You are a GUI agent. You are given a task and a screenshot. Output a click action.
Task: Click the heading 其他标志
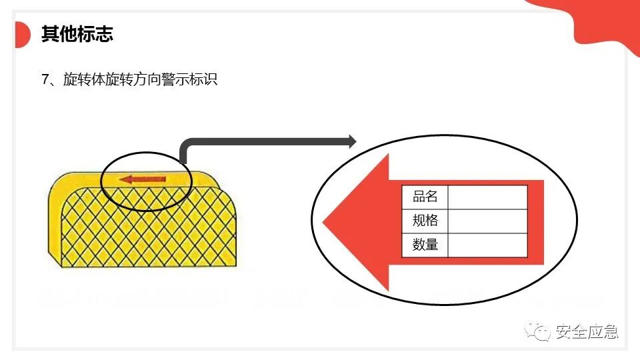click(x=77, y=35)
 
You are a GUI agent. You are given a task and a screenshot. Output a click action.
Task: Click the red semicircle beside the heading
click(x=22, y=35)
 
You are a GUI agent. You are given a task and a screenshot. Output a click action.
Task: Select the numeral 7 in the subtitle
click(x=45, y=80)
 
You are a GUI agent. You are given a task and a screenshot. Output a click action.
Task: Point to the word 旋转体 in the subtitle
click(x=84, y=80)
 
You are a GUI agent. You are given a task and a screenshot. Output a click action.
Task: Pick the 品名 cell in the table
click(x=425, y=197)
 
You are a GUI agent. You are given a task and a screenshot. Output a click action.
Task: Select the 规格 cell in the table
click(x=425, y=221)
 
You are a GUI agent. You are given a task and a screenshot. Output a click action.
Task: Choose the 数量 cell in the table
click(x=425, y=245)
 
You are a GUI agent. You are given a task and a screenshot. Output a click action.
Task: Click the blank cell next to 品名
click(x=487, y=197)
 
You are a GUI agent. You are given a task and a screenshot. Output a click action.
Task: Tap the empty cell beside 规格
click(x=487, y=221)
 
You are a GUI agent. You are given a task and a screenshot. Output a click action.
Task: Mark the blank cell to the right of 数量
click(x=487, y=245)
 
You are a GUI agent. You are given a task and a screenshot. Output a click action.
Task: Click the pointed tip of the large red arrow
click(x=325, y=222)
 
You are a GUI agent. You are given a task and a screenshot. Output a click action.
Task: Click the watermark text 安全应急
click(x=586, y=331)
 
